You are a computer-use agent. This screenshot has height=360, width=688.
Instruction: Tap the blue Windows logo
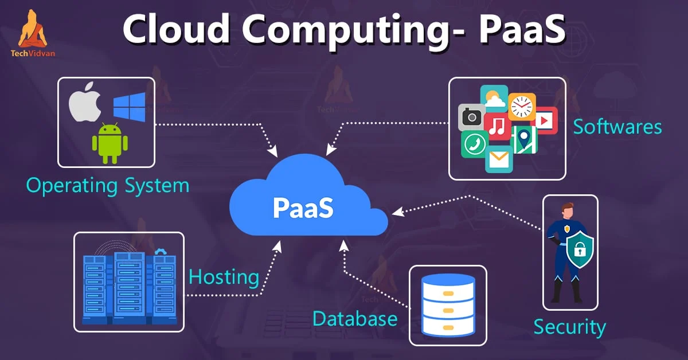(x=129, y=107)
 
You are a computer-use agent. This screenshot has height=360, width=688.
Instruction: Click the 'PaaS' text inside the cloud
(x=303, y=207)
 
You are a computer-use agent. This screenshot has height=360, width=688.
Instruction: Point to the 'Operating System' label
(x=108, y=186)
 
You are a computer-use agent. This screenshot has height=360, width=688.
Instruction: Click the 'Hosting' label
(x=224, y=277)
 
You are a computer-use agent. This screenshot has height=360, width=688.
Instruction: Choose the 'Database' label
(x=355, y=318)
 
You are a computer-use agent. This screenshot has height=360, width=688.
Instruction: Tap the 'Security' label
(x=569, y=327)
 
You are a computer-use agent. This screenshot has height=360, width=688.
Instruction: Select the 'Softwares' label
(x=617, y=127)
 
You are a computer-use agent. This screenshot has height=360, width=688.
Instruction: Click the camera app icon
(x=472, y=118)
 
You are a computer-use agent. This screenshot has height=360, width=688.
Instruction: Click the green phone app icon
(x=475, y=143)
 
